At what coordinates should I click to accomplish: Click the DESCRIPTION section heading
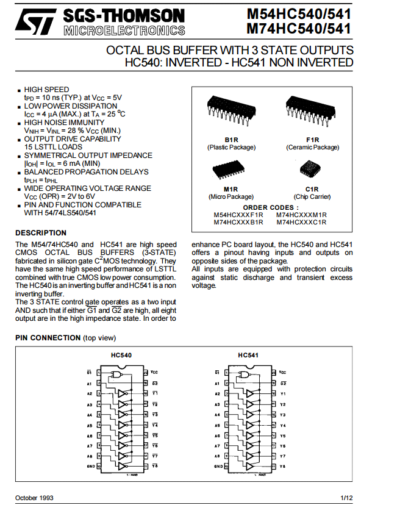[41, 233]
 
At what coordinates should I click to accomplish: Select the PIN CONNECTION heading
[48, 338]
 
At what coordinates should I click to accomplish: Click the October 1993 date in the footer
[34, 498]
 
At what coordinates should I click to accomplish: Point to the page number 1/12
[346, 498]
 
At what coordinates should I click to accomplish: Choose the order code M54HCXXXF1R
[238, 215]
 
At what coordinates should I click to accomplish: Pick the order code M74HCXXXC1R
[302, 222]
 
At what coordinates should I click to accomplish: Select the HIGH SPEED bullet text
[46, 89]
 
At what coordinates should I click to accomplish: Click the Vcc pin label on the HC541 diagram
[282, 372]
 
